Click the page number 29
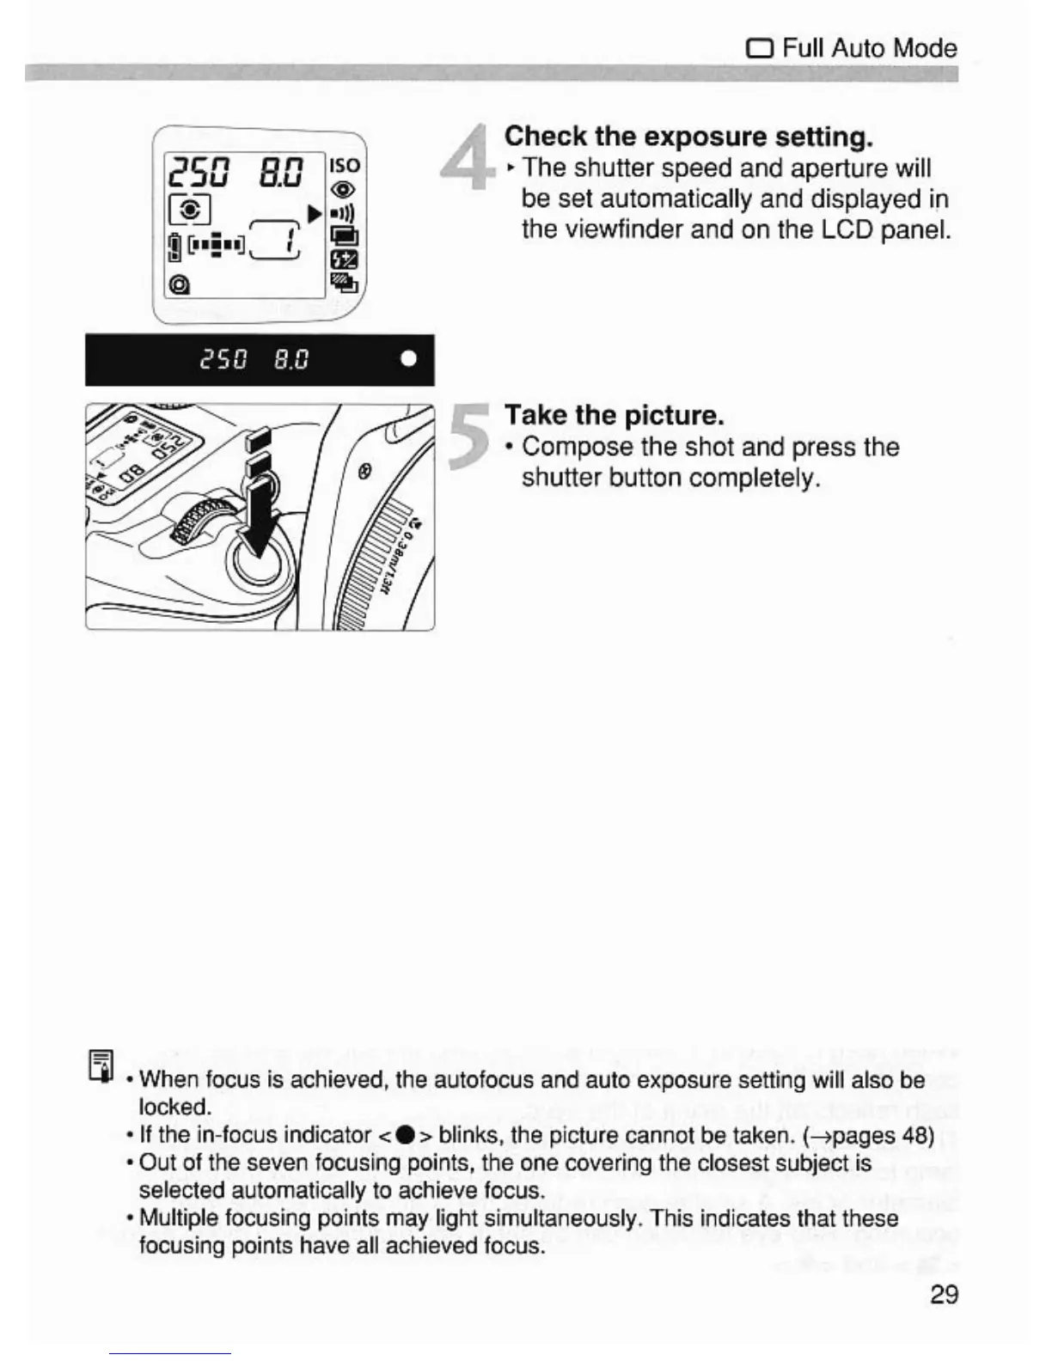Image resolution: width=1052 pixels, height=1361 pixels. [944, 1294]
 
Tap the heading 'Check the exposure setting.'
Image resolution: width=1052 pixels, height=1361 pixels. [688, 136]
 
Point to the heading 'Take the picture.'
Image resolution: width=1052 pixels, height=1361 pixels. [614, 415]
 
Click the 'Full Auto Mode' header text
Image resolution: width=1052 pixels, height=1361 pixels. [869, 47]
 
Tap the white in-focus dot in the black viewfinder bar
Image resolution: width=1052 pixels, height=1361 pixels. [409, 358]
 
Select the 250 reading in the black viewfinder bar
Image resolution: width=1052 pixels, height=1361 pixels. [223, 358]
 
